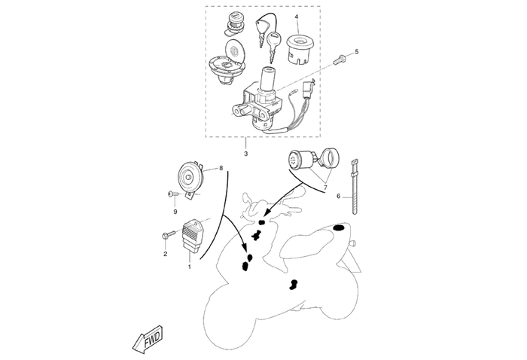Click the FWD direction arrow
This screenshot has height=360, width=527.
148,340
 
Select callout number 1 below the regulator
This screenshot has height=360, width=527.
189,266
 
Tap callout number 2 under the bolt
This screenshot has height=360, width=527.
165,254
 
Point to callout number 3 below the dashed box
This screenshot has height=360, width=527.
245,154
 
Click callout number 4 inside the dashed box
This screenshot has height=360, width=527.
297,17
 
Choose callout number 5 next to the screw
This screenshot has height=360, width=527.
357,51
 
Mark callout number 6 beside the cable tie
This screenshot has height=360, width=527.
339,197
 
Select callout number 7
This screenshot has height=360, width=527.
326,187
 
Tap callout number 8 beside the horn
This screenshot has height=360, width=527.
221,169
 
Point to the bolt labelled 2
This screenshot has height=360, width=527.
166,236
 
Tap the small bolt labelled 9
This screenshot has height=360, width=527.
172,195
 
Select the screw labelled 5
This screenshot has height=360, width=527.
341,57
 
